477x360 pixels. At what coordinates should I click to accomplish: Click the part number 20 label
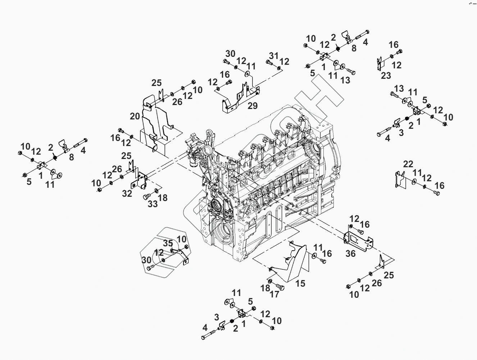[135, 116]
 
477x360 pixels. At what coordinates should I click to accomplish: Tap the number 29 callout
[253, 105]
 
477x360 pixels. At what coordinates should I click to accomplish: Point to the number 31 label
[274, 55]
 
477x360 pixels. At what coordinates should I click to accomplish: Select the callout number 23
[386, 76]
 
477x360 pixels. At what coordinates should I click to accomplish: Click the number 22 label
[408, 164]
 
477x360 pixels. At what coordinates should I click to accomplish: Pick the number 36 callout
[350, 254]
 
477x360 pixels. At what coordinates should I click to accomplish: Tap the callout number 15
[300, 283]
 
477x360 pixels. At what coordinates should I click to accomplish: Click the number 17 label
[274, 295]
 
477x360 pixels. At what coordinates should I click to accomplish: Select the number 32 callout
[127, 193]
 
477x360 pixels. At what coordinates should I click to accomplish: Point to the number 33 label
[153, 204]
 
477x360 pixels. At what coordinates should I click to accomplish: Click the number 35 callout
[168, 243]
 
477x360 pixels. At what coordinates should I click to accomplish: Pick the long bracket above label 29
[239, 97]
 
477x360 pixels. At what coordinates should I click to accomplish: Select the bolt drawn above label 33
[147, 196]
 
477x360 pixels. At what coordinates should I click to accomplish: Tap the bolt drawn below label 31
[269, 63]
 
